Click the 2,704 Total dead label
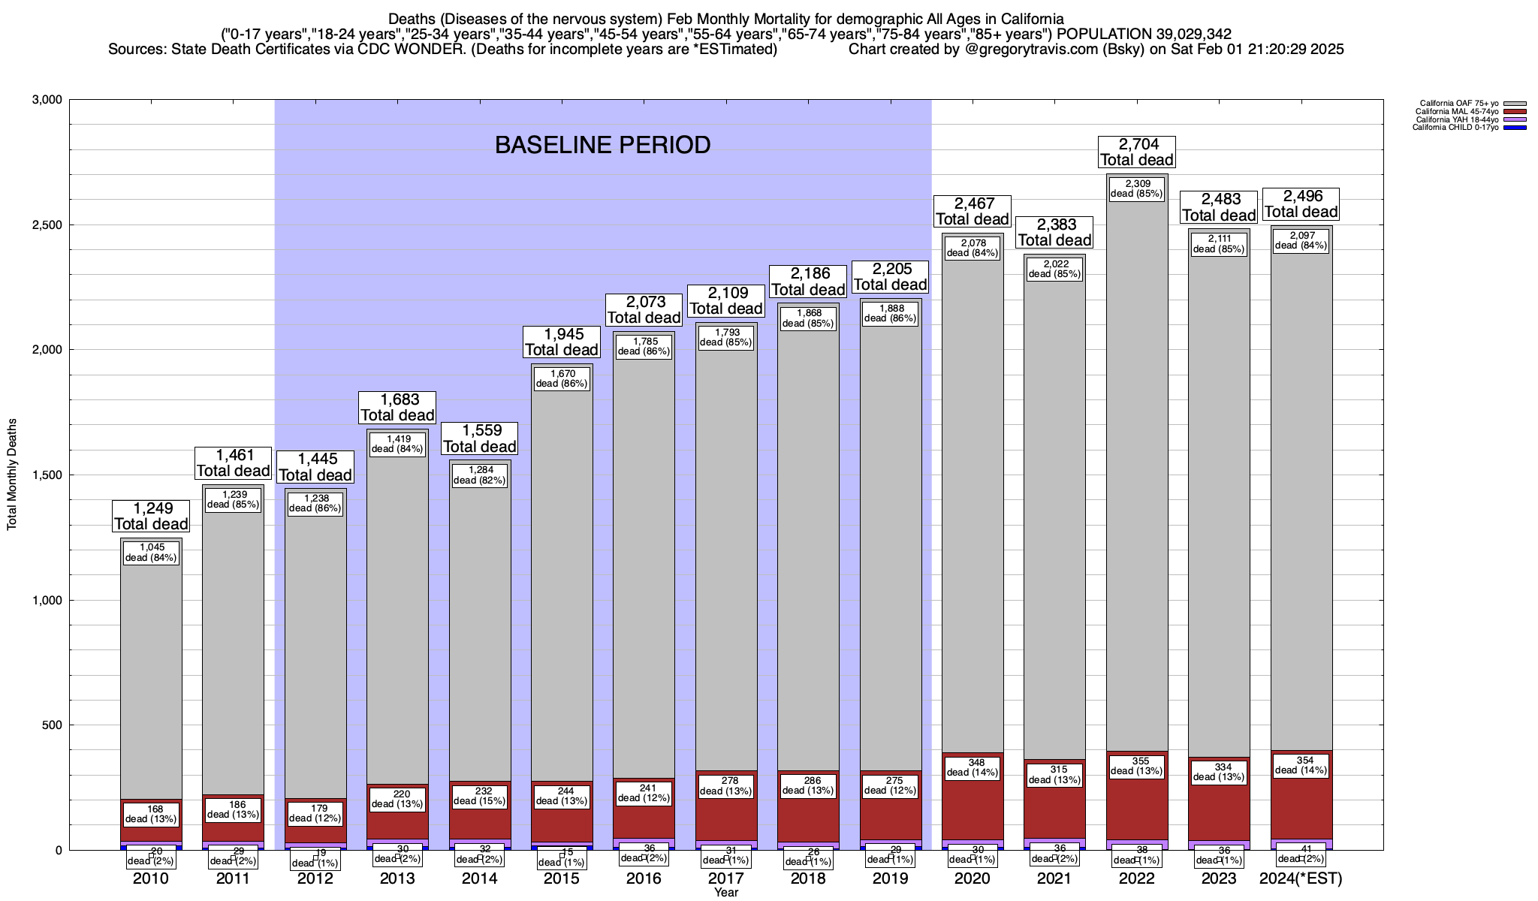coord(1136,152)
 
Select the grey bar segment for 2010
coord(151,676)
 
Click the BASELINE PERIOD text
coord(602,145)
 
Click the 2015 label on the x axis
coord(562,878)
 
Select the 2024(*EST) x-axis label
coord(1301,878)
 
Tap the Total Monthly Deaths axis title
coord(12,475)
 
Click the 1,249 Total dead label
coord(151,516)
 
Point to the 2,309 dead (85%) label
coord(1136,188)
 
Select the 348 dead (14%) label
coord(973,767)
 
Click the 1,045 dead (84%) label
coord(151,553)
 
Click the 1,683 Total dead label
coord(397,407)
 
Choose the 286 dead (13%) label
coord(808,785)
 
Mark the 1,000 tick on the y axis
coord(47,600)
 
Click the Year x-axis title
coord(726,893)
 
